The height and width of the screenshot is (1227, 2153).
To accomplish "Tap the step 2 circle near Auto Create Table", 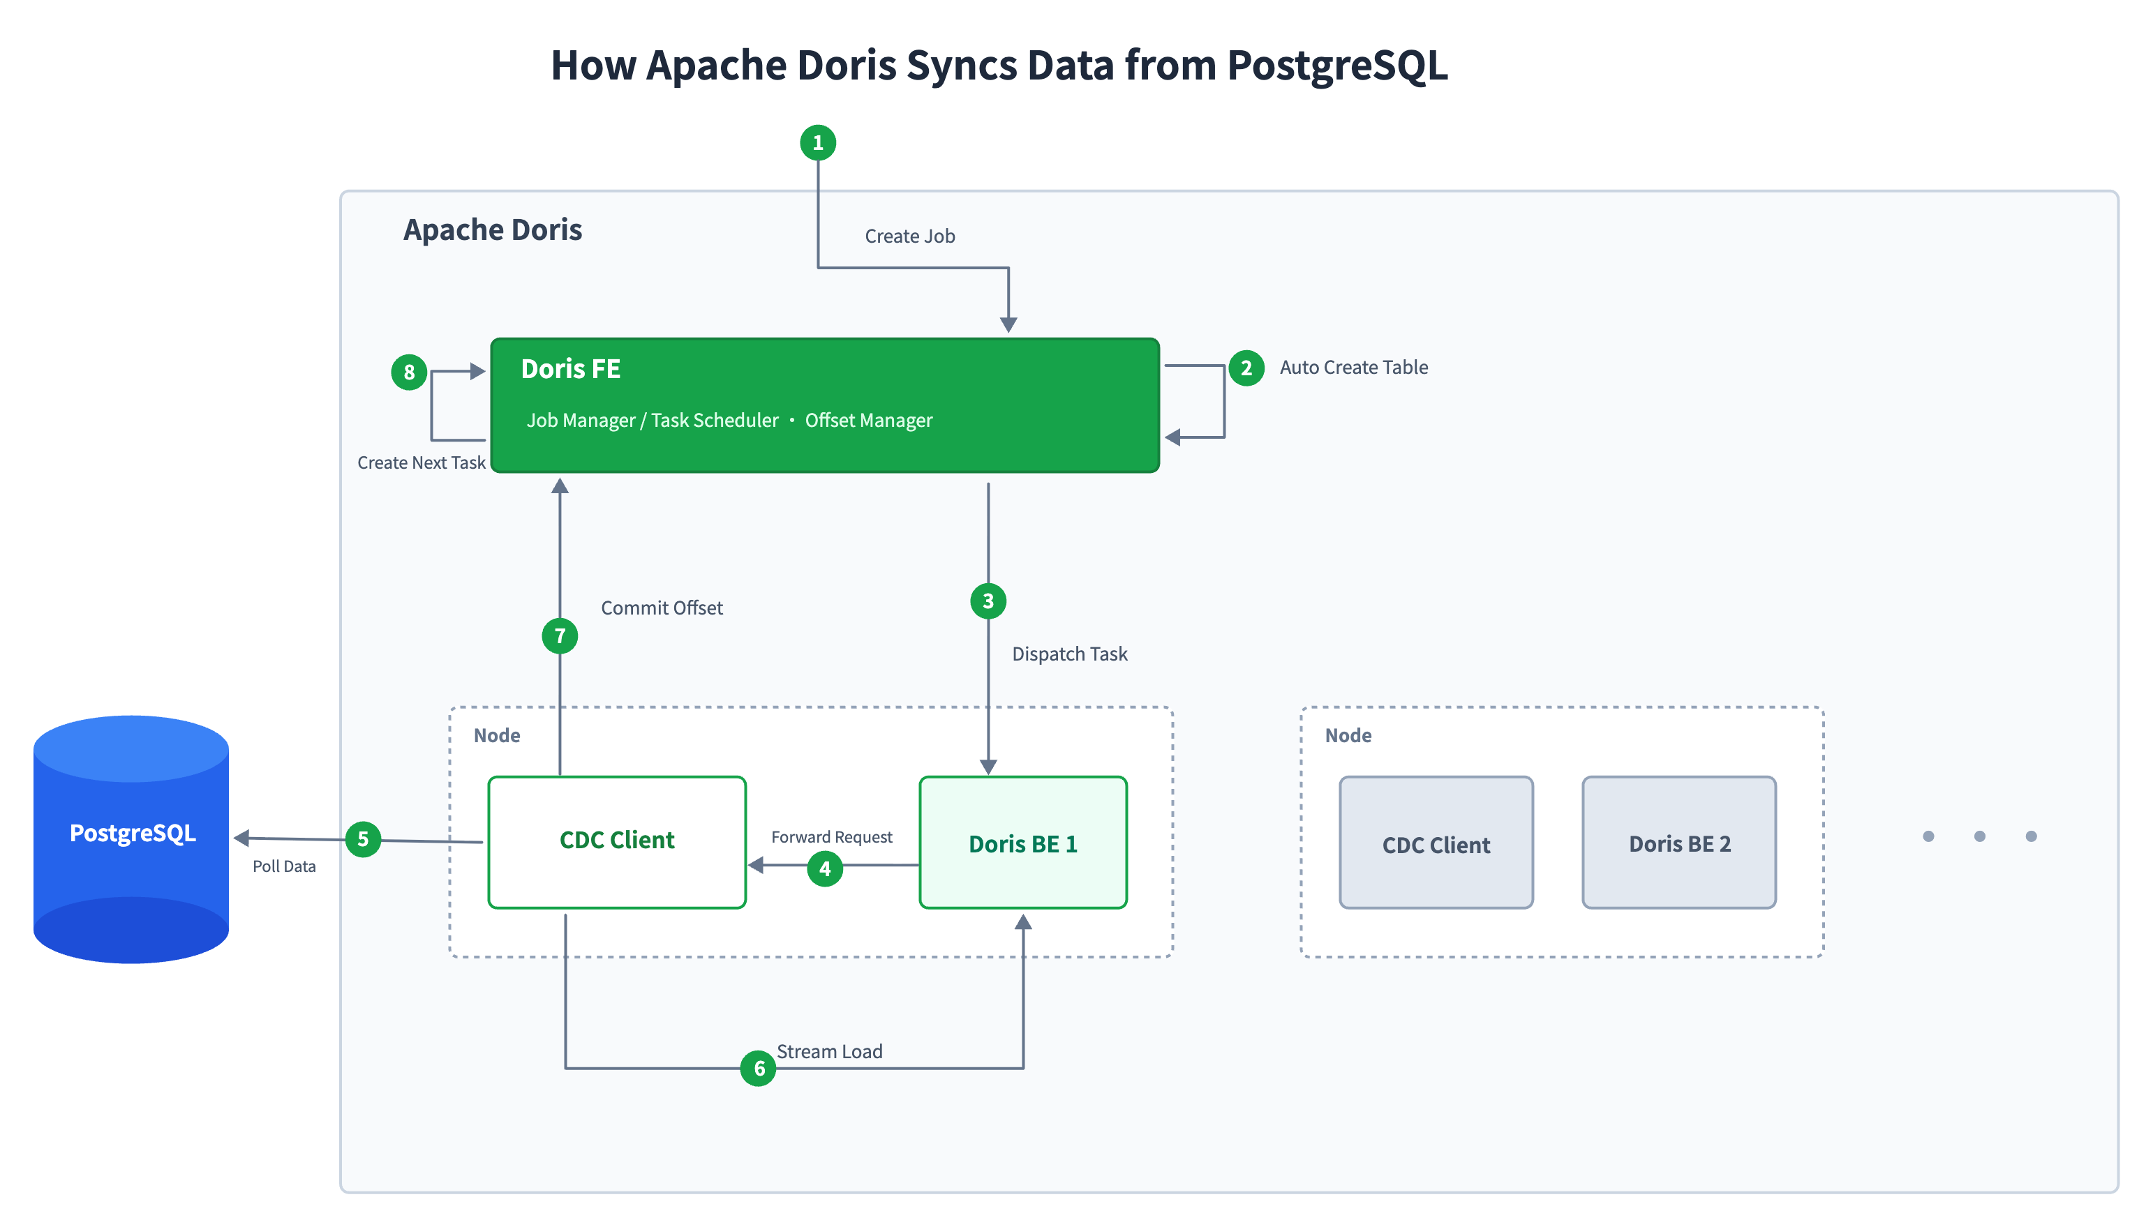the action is [1245, 368].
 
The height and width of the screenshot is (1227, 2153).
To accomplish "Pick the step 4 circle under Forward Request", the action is [824, 868].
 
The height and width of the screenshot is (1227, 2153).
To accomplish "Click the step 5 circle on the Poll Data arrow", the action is [362, 838].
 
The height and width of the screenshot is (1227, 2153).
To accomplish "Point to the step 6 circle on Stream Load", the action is [758, 1068].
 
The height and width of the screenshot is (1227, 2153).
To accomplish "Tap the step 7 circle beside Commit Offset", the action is [559, 635].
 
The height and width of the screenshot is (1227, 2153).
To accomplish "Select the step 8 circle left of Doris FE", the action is [409, 372].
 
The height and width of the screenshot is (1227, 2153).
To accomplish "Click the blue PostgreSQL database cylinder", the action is [131, 838].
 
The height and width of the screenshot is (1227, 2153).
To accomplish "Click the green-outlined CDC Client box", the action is [616, 842].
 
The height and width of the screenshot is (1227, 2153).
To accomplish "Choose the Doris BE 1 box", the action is [1022, 842].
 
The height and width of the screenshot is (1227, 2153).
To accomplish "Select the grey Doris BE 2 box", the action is [1678, 842].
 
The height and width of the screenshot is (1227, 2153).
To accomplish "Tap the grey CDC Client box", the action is [1436, 842].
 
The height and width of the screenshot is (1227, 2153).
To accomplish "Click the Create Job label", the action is [909, 236].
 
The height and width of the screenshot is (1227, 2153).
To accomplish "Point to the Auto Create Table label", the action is [1353, 368].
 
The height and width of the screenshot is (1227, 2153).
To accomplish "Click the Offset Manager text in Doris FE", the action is [868, 420].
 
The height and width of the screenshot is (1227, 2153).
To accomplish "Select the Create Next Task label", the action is [421, 462].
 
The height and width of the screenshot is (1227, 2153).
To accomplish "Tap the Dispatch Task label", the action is [1069, 654].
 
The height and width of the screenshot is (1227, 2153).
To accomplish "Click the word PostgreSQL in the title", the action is [1337, 66].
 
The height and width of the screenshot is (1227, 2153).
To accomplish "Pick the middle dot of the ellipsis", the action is [1979, 836].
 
